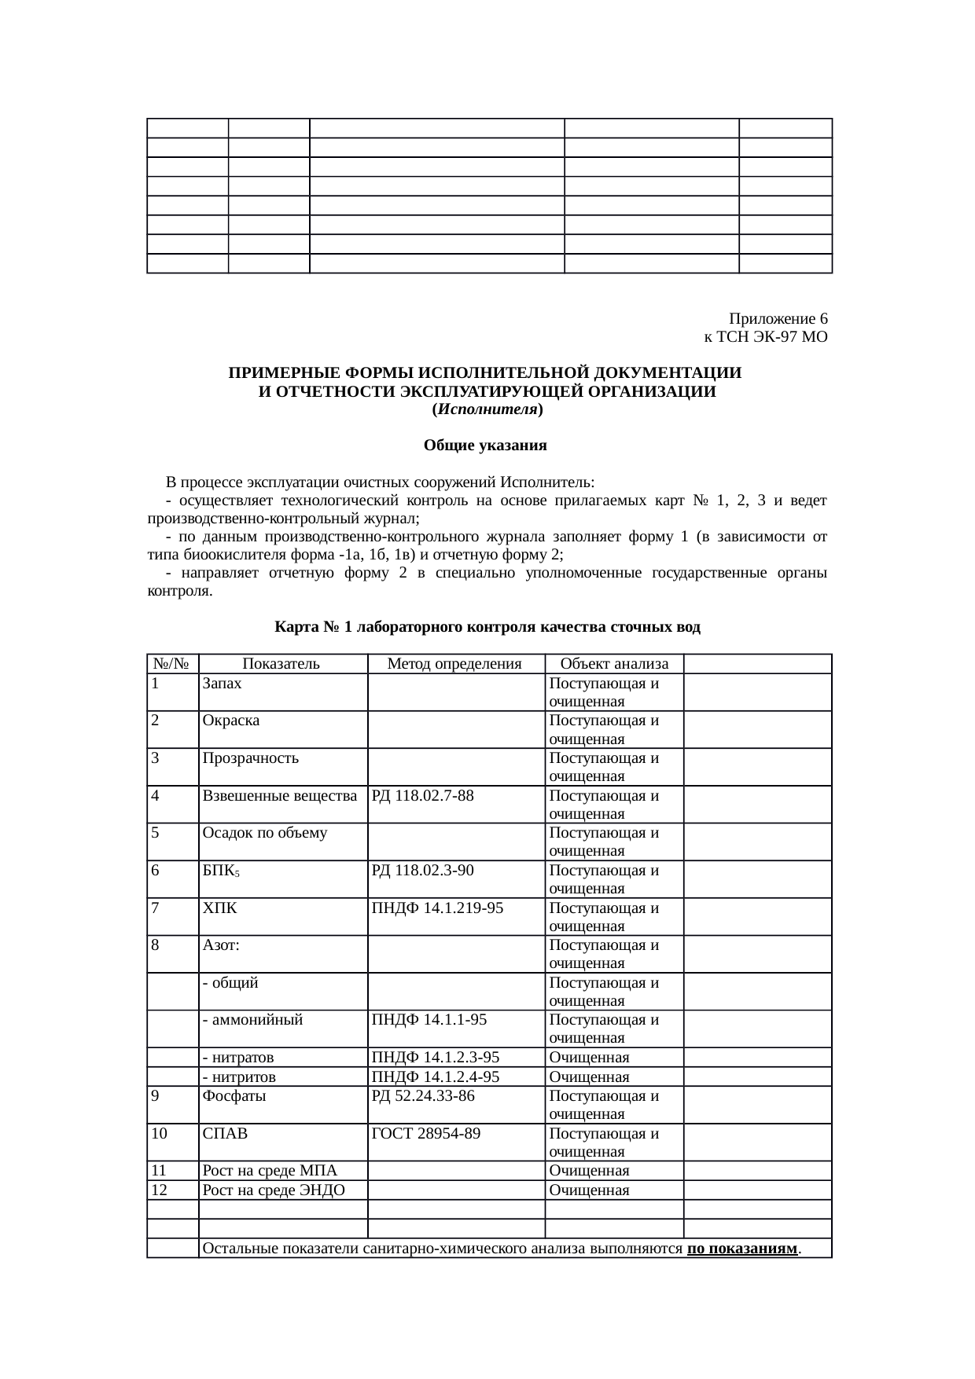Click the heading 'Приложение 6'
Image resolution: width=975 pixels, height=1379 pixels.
pyautogui.click(x=778, y=319)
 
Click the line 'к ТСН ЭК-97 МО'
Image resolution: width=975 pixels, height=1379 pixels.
pyautogui.click(x=764, y=337)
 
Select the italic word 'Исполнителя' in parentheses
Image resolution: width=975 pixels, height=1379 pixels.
pyautogui.click(x=487, y=409)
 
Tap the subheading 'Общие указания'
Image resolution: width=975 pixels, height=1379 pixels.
pyautogui.click(x=485, y=446)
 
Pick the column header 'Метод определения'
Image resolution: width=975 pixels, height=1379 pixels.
pyautogui.click(x=454, y=664)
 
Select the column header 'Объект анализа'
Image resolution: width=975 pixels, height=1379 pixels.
pyautogui.click(x=614, y=664)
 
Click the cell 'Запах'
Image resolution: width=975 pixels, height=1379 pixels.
pyautogui.click(x=222, y=683)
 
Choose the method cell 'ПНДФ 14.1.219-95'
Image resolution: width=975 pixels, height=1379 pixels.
pyautogui.click(x=437, y=908)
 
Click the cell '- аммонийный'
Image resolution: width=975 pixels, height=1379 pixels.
pyautogui.click(x=252, y=1020)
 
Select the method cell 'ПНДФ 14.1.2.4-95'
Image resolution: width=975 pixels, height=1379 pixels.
pyautogui.click(x=435, y=1076)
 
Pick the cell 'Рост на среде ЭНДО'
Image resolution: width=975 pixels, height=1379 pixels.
pyautogui.click(x=274, y=1190)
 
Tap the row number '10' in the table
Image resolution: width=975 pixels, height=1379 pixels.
pyautogui.click(x=160, y=1133)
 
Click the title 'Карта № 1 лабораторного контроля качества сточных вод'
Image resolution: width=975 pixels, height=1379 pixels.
pyautogui.click(x=487, y=627)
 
